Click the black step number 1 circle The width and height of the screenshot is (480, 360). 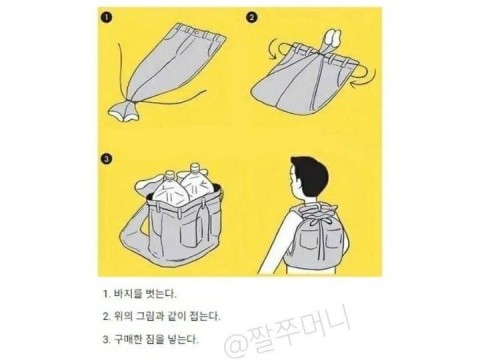pyautogui.click(x=106, y=18)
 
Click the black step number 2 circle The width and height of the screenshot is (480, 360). pyautogui.click(x=251, y=17)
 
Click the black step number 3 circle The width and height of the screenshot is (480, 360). pyautogui.click(x=106, y=159)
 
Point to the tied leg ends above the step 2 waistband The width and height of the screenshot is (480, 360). pyautogui.click(x=330, y=39)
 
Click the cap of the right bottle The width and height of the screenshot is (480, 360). pyautogui.click(x=194, y=166)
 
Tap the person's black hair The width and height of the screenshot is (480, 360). pyautogui.click(x=311, y=173)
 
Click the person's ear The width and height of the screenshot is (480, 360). pyautogui.click(x=302, y=182)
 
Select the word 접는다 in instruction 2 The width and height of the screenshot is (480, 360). pyautogui.click(x=205, y=316)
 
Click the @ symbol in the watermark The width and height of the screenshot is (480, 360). pyautogui.click(x=236, y=345)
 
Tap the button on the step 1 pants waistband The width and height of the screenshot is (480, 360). pyautogui.click(x=197, y=33)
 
